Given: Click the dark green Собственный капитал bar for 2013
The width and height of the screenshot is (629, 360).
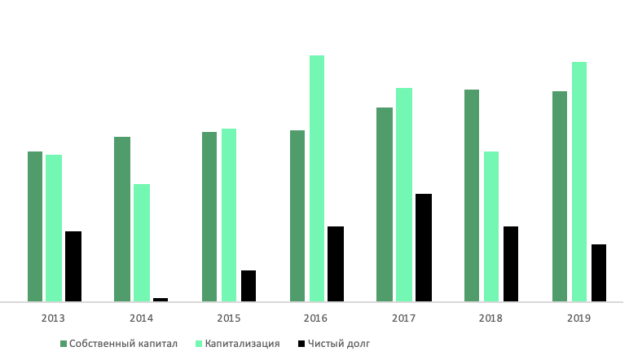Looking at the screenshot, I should (35, 226).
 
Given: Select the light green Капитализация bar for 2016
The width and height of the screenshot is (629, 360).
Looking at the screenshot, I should (317, 178).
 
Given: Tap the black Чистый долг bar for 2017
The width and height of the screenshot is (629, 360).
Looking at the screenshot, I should (424, 248).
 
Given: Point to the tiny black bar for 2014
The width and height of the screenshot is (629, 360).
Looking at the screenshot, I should (161, 300).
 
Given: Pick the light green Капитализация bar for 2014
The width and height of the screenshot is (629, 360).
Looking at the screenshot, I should (142, 243).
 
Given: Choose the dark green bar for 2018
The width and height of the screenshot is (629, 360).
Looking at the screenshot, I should (472, 195).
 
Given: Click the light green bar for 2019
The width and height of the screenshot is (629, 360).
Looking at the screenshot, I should (579, 182).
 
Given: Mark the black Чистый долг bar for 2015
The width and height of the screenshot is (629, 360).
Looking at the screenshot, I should (249, 286).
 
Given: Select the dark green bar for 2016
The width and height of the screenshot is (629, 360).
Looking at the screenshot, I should (297, 216).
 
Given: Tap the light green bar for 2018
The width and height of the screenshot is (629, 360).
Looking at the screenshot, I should (491, 226).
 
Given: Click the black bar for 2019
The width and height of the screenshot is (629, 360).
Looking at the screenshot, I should (599, 273).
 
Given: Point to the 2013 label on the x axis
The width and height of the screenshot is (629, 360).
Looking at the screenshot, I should (54, 318).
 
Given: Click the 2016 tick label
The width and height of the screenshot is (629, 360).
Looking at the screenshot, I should (316, 318).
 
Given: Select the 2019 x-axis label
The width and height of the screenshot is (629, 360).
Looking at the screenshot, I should (579, 318).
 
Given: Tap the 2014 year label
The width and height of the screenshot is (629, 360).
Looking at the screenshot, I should (141, 318).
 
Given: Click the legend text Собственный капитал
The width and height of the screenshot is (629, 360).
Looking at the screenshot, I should (124, 344).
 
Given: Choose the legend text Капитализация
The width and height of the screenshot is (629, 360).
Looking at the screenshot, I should (243, 344).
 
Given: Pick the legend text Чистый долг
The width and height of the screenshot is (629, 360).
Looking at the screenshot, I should (340, 344).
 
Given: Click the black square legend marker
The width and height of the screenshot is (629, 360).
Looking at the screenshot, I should (301, 344).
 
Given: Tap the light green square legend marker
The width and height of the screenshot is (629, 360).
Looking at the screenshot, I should (197, 344).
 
